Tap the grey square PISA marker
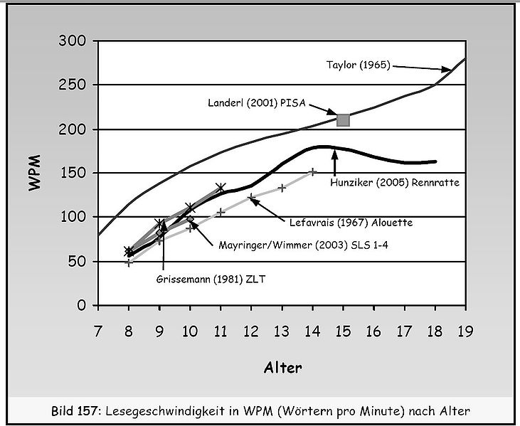(343, 119)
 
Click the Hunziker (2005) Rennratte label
(396, 181)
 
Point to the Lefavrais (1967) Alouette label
(351, 222)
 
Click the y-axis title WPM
(33, 172)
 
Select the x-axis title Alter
(282, 368)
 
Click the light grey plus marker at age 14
(312, 172)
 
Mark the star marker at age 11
(221, 188)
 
